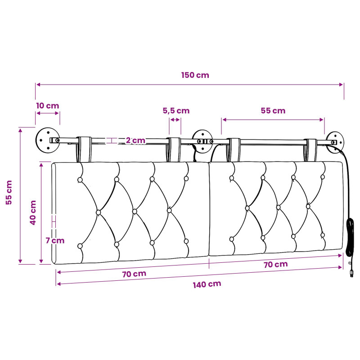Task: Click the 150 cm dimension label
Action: point(195,75)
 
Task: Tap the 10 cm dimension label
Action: point(48,106)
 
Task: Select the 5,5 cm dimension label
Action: point(176,111)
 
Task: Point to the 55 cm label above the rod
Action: point(273,111)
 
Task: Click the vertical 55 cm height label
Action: point(9,193)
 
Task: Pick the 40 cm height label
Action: point(33,212)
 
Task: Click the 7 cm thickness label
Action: point(55,241)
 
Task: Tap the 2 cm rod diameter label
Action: point(135,140)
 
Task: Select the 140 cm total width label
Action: point(207,284)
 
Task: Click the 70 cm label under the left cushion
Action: point(134,274)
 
